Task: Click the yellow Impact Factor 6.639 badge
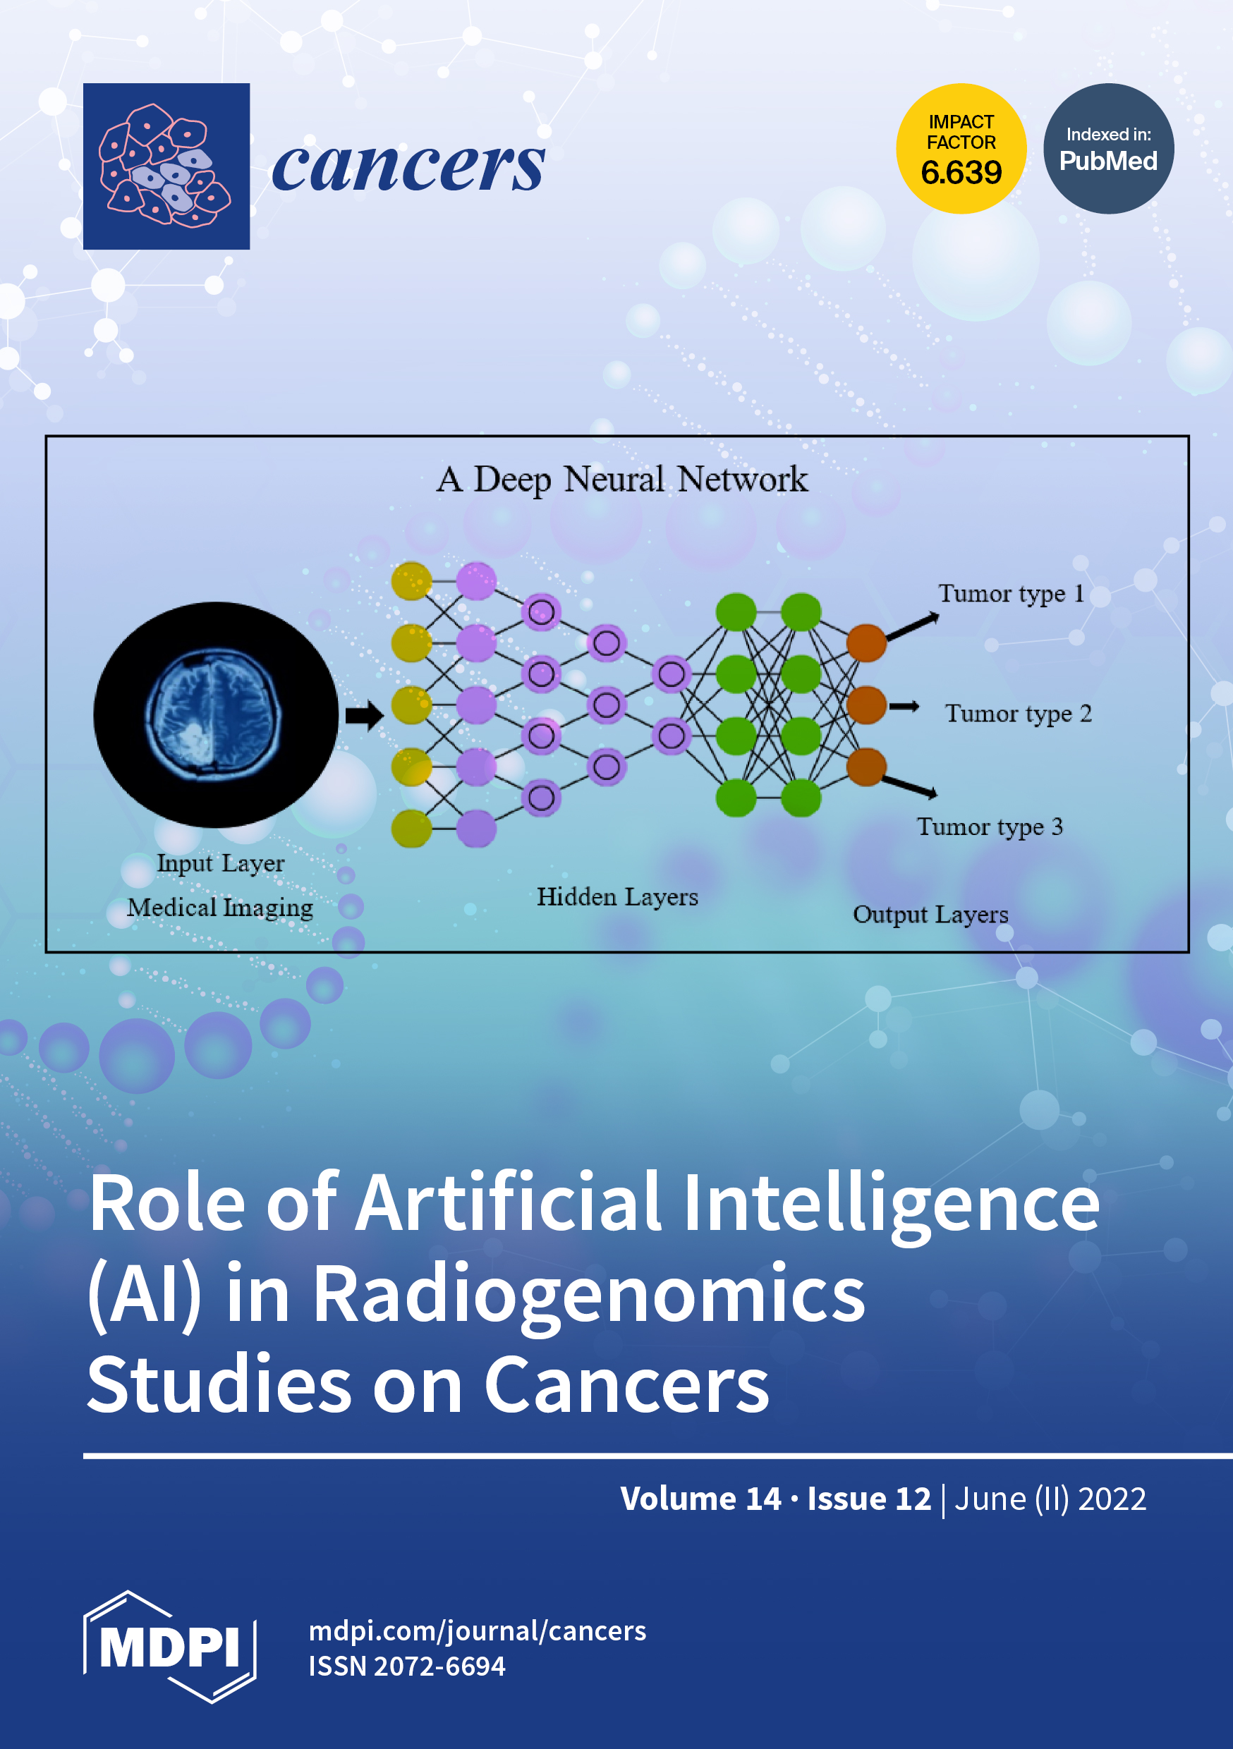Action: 961,149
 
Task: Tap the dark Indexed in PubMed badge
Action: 1108,149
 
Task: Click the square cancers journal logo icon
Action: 166,166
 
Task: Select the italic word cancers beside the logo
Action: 408,166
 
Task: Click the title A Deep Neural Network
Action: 622,479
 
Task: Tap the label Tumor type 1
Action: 1011,593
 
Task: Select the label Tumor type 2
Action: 1018,714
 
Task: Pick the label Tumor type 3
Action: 989,827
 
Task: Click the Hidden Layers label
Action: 617,897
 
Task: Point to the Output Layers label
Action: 930,914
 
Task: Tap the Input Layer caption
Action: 220,863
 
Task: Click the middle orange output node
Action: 866,705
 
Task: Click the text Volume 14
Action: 700,1499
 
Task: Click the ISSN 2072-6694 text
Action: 406,1666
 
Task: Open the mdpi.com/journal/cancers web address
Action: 477,1631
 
